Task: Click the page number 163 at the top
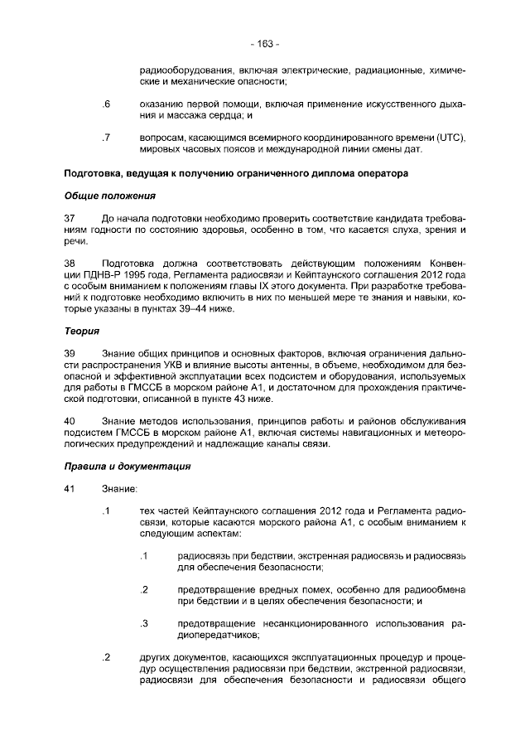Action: [265, 43]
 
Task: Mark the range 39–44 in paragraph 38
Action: [191, 309]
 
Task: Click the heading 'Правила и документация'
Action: [128, 466]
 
